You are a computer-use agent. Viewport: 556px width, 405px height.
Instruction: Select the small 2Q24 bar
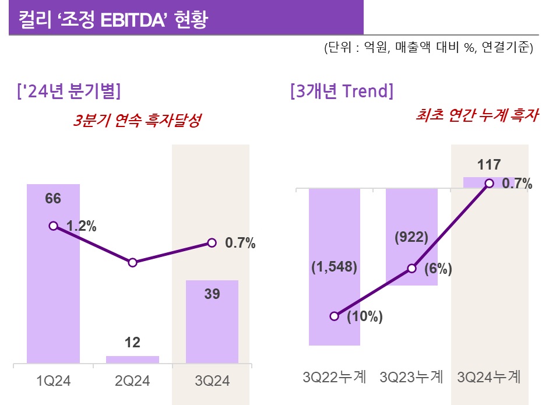[x=132, y=360]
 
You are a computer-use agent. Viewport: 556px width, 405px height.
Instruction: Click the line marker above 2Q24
[x=133, y=263]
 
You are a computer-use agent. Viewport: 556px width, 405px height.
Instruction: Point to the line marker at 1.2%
[x=54, y=226]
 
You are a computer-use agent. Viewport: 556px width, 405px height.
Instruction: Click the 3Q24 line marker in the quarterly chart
[x=212, y=242]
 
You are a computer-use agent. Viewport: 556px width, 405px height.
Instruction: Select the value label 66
[x=53, y=199]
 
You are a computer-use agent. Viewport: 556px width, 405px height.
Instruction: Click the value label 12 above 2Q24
[x=133, y=343]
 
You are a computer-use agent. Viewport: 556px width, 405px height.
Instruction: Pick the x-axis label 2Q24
[x=133, y=382]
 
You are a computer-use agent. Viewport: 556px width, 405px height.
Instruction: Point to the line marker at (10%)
[x=335, y=316]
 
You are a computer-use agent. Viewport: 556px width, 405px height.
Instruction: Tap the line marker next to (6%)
[x=412, y=269]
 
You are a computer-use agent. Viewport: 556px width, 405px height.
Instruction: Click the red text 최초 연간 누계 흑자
[x=477, y=117]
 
